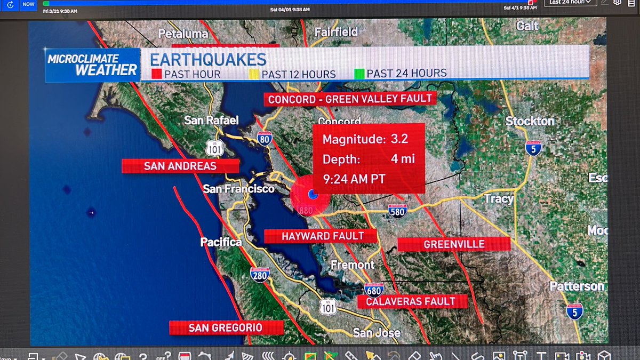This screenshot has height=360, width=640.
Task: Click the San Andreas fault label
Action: [180, 166]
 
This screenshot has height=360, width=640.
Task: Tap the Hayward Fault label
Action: [321, 236]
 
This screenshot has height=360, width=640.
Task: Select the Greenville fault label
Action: [454, 244]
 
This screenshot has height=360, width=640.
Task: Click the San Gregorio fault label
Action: [225, 327]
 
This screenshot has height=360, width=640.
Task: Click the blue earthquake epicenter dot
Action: [313, 195]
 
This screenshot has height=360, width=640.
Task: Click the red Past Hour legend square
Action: [156, 74]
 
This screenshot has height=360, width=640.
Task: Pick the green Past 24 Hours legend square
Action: [359, 74]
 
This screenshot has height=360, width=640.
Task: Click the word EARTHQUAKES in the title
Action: [208, 59]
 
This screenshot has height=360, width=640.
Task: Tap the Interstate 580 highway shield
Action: [397, 211]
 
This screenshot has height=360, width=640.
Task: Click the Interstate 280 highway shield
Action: [259, 275]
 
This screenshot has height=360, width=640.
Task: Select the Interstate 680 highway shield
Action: [374, 289]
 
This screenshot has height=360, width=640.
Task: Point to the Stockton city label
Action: [530, 121]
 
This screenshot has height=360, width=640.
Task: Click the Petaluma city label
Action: [183, 34]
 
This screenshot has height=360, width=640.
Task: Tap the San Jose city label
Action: [377, 333]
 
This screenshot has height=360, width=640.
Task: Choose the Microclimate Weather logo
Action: [92, 65]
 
